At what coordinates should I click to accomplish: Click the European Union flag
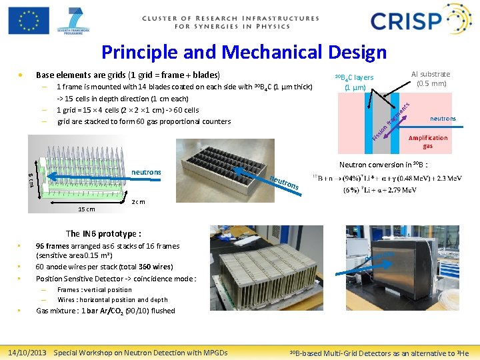pyautogui.click(x=29, y=20)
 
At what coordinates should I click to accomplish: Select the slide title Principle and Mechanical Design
pyautogui.click(x=243, y=52)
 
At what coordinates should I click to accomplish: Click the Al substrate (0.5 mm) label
pyautogui.click(x=430, y=79)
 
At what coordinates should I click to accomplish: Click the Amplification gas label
pyautogui.click(x=427, y=141)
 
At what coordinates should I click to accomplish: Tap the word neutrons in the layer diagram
pyautogui.click(x=443, y=119)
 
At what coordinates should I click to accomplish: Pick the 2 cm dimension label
pyautogui.click(x=139, y=201)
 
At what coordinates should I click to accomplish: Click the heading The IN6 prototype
pyautogui.click(x=103, y=233)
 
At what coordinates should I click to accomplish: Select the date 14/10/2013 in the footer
pyautogui.click(x=27, y=352)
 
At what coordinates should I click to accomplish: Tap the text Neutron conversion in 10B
pyautogui.click(x=383, y=165)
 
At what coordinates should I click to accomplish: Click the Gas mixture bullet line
pyautogui.click(x=105, y=310)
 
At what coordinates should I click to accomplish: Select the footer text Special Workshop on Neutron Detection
pyautogui.click(x=140, y=352)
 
